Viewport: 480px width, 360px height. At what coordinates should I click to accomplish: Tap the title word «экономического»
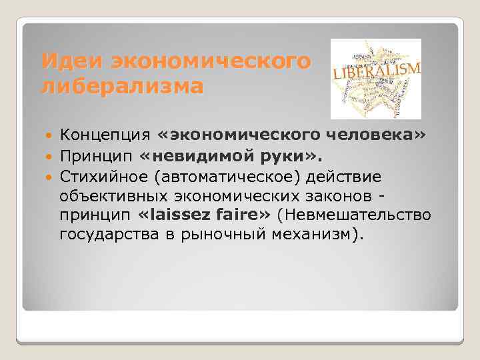[211, 61]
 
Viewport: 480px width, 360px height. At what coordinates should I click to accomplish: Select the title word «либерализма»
[121, 87]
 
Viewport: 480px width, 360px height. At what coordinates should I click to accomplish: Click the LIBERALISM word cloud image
[376, 79]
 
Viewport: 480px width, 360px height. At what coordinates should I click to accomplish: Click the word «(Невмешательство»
[355, 215]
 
